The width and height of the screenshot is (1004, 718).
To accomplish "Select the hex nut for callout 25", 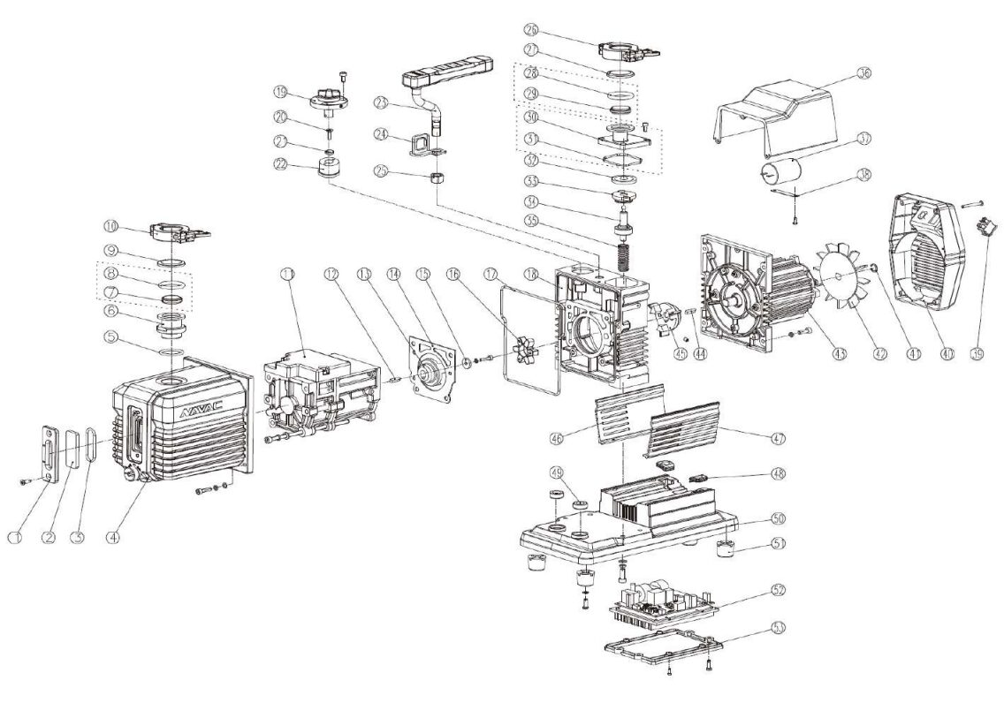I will (435, 178).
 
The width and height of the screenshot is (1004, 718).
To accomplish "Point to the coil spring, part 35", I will (627, 253).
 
